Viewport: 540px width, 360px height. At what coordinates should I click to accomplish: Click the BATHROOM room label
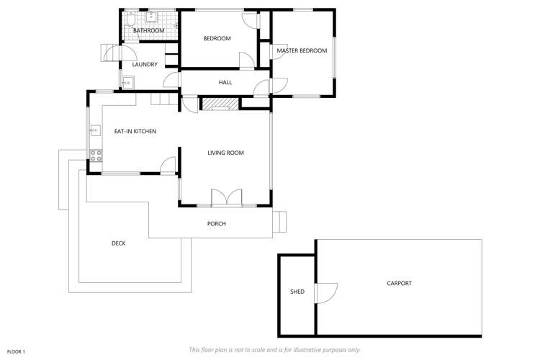pyautogui.click(x=149, y=30)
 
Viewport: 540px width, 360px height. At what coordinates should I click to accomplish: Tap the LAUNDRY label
pyautogui.click(x=145, y=64)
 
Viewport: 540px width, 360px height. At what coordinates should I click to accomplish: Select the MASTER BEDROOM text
pyautogui.click(x=302, y=50)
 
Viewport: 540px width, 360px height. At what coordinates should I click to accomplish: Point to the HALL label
pyautogui.click(x=225, y=83)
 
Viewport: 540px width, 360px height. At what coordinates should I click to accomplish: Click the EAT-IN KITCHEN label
pyautogui.click(x=135, y=131)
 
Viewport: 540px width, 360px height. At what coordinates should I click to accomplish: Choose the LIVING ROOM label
pyautogui.click(x=226, y=153)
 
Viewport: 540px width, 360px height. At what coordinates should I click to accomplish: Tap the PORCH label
pyautogui.click(x=217, y=224)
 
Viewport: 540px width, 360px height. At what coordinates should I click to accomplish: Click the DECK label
pyautogui.click(x=119, y=243)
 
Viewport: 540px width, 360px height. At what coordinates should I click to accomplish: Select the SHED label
pyautogui.click(x=297, y=292)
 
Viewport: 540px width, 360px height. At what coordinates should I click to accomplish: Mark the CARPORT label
pyautogui.click(x=400, y=283)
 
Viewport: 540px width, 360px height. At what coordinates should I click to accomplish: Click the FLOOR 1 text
pyautogui.click(x=17, y=351)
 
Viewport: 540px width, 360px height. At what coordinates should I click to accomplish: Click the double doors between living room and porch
pyautogui.click(x=226, y=198)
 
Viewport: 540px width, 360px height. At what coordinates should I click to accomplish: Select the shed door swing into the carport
pyautogui.click(x=325, y=292)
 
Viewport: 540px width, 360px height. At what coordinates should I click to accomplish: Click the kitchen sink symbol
pyautogui.click(x=95, y=130)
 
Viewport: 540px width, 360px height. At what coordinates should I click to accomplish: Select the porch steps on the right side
pyautogui.click(x=281, y=222)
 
